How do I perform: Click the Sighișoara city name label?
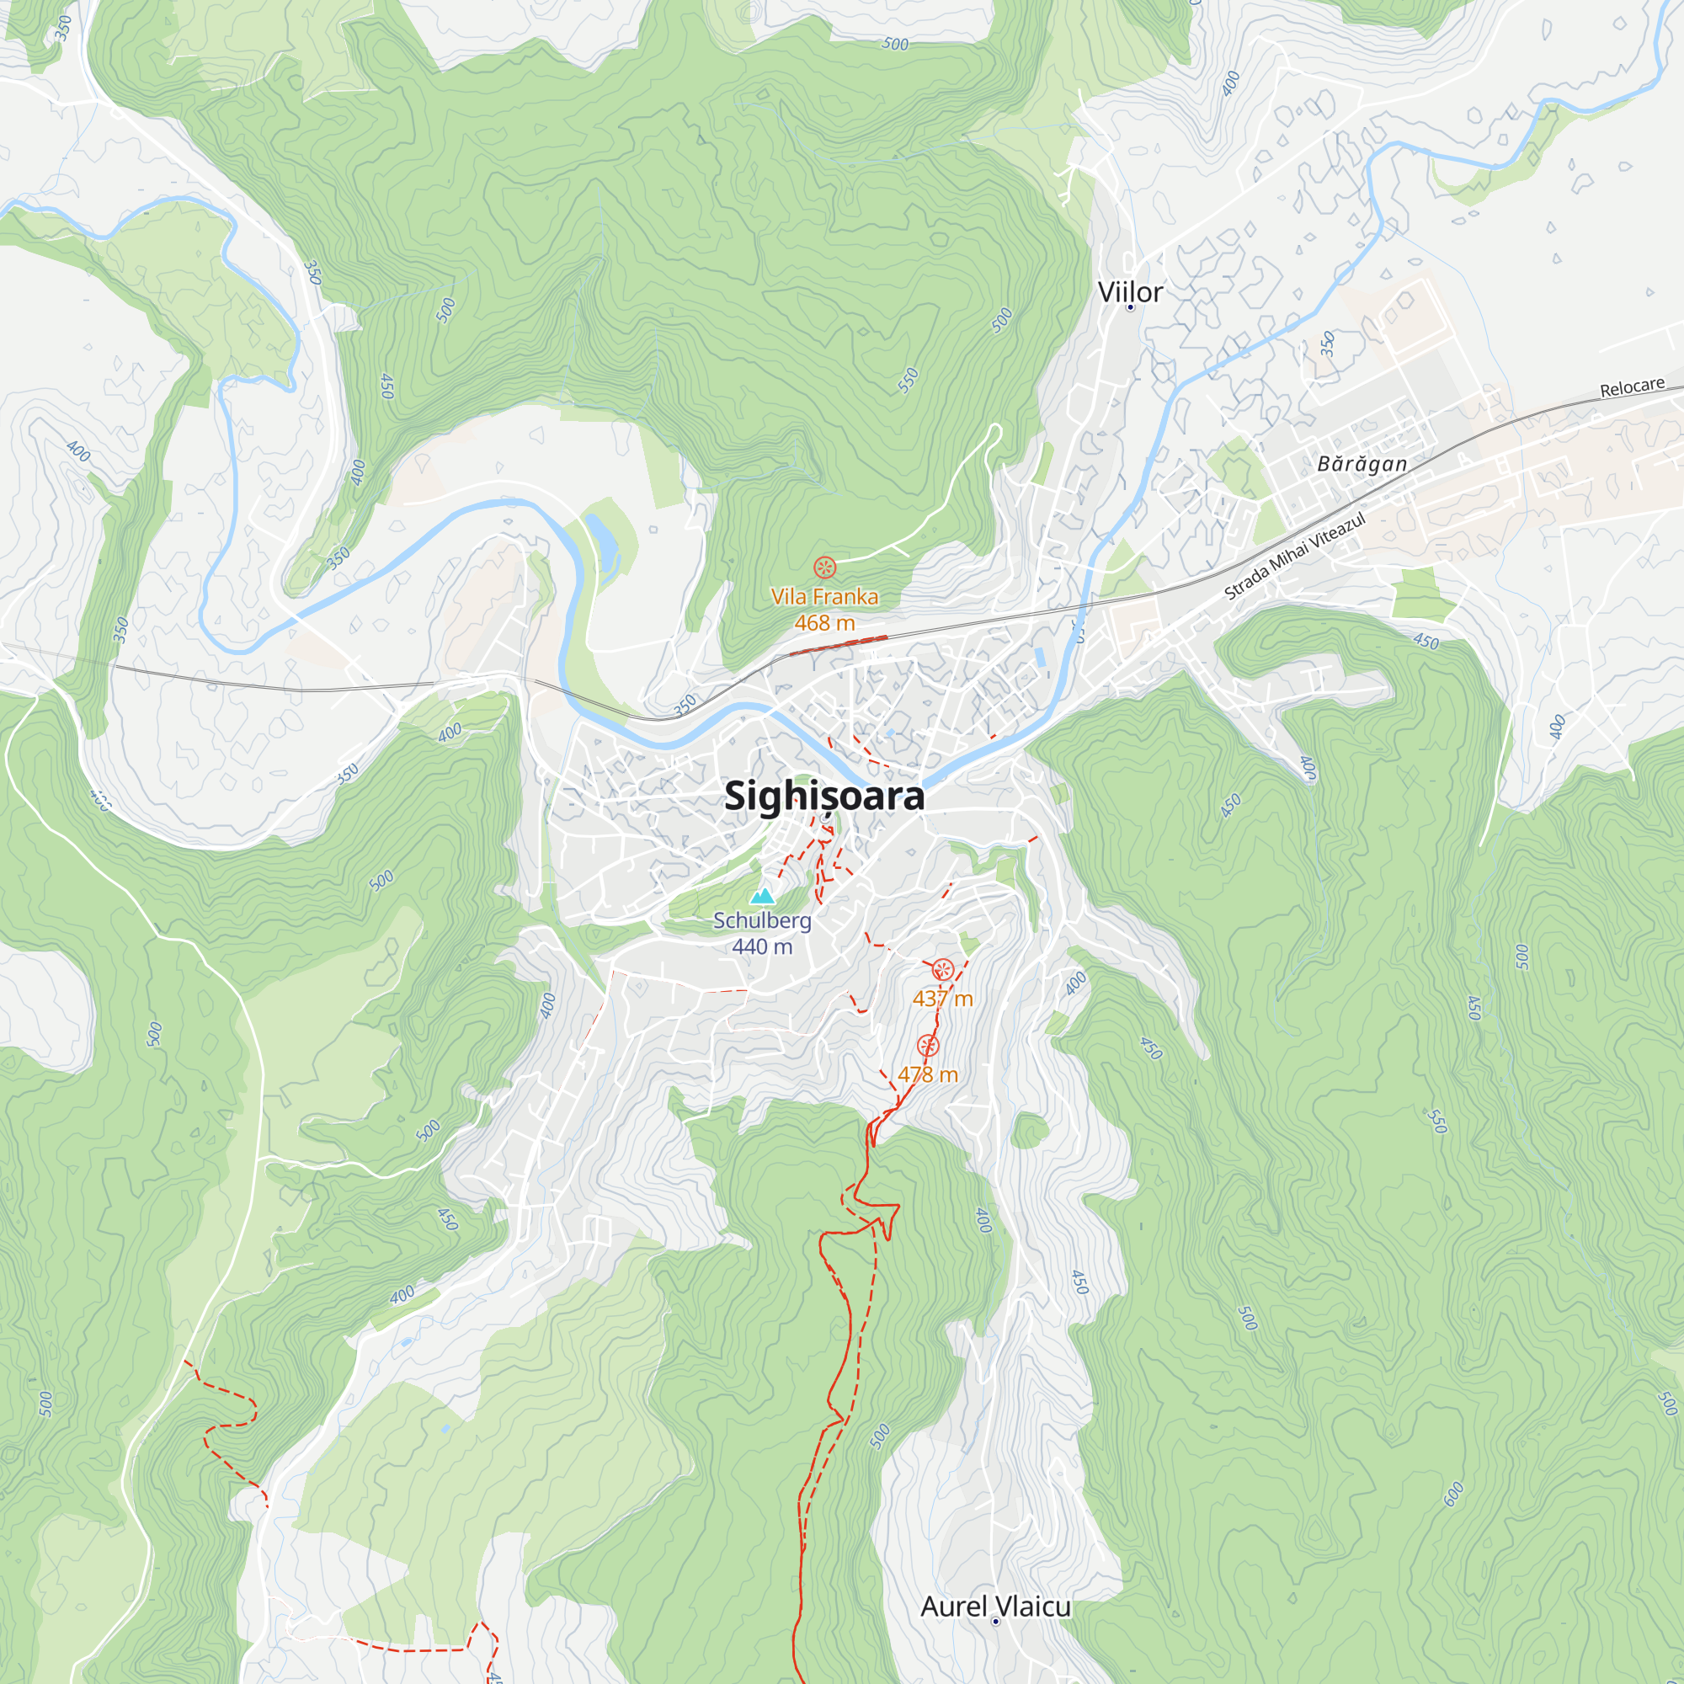[x=823, y=796]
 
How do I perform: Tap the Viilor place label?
[x=1130, y=292]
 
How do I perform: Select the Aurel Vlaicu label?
[x=995, y=1606]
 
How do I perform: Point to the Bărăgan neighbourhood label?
[x=1362, y=464]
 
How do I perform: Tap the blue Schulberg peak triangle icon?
[x=763, y=896]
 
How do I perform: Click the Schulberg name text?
[x=762, y=920]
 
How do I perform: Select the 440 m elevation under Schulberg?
[x=762, y=946]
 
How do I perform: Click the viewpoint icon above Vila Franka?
[x=824, y=568]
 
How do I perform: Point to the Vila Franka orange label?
[x=824, y=597]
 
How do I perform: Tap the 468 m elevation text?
[x=824, y=623]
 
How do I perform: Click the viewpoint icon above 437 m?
[x=942, y=970]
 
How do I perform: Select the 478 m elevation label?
[x=928, y=1074]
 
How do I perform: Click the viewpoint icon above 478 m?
[x=928, y=1046]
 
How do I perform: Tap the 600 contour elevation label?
[x=1453, y=1494]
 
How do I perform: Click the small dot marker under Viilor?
[x=1131, y=307]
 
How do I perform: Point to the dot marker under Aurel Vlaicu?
[x=995, y=1621]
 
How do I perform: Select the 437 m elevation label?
[x=942, y=999]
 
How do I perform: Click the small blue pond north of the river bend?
[x=601, y=537]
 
